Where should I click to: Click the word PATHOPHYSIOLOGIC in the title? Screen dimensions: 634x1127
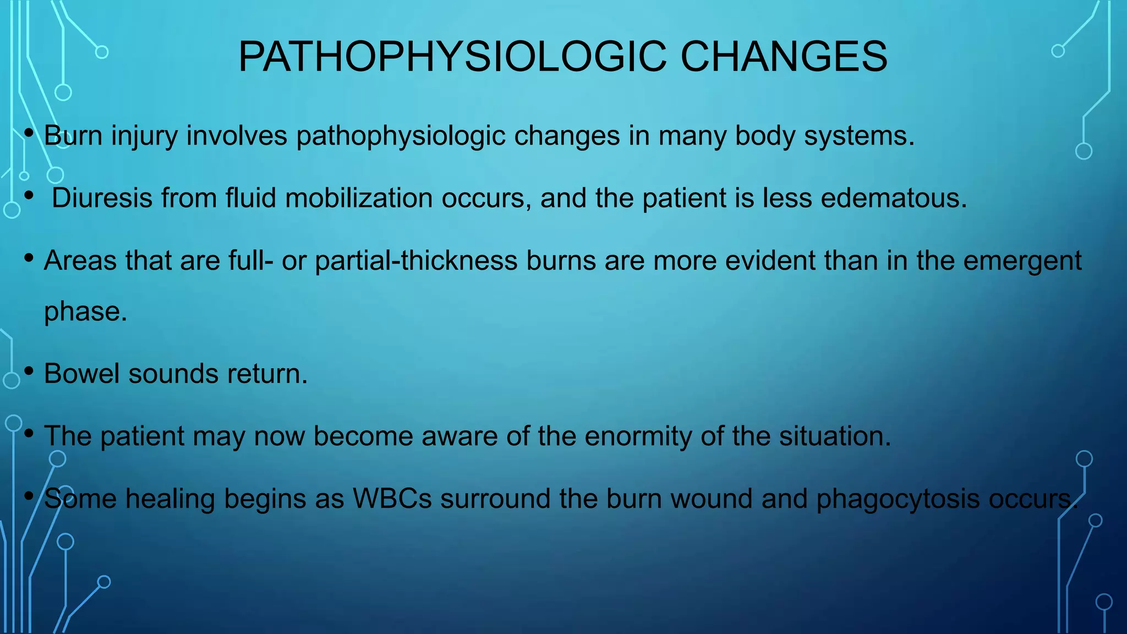coord(452,57)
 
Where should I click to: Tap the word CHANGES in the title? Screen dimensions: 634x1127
coord(784,57)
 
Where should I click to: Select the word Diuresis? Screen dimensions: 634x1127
coord(102,198)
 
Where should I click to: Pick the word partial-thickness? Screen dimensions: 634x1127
coord(416,260)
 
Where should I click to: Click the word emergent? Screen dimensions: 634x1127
coord(1022,261)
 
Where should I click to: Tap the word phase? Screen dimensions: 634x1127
coord(85,312)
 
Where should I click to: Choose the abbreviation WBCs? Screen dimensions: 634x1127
coord(392,499)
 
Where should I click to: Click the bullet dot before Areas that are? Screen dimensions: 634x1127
coord(29,258)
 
